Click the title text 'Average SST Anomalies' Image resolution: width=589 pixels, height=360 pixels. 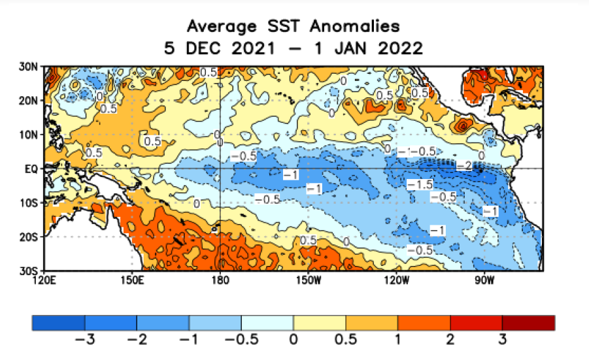tap(293, 26)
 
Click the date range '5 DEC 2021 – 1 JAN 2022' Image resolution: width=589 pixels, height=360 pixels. tap(293, 48)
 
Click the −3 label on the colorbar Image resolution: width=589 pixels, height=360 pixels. tap(85, 340)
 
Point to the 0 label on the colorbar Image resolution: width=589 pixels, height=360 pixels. tap(294, 340)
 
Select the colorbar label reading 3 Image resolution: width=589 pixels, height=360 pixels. tap(502, 340)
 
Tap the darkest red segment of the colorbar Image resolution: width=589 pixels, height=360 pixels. tap(528, 323)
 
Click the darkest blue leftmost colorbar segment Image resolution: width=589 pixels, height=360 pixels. tap(59, 323)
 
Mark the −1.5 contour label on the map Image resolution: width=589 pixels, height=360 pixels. tap(418, 186)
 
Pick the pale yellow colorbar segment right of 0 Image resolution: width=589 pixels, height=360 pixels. tap(320, 323)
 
